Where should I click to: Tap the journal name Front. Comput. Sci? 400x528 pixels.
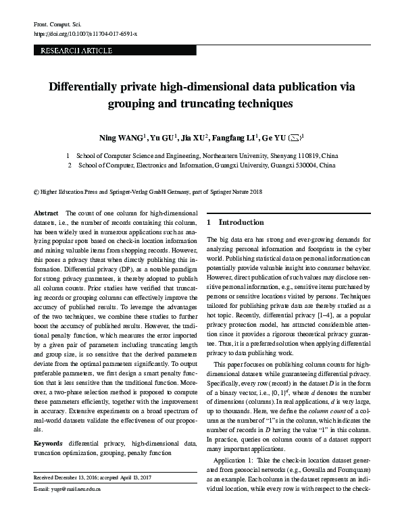pos(57,24)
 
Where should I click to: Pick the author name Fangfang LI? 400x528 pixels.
pos(233,138)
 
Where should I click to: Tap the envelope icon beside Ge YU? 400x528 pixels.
pos(295,138)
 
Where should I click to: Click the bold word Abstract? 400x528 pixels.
pos(46,213)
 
